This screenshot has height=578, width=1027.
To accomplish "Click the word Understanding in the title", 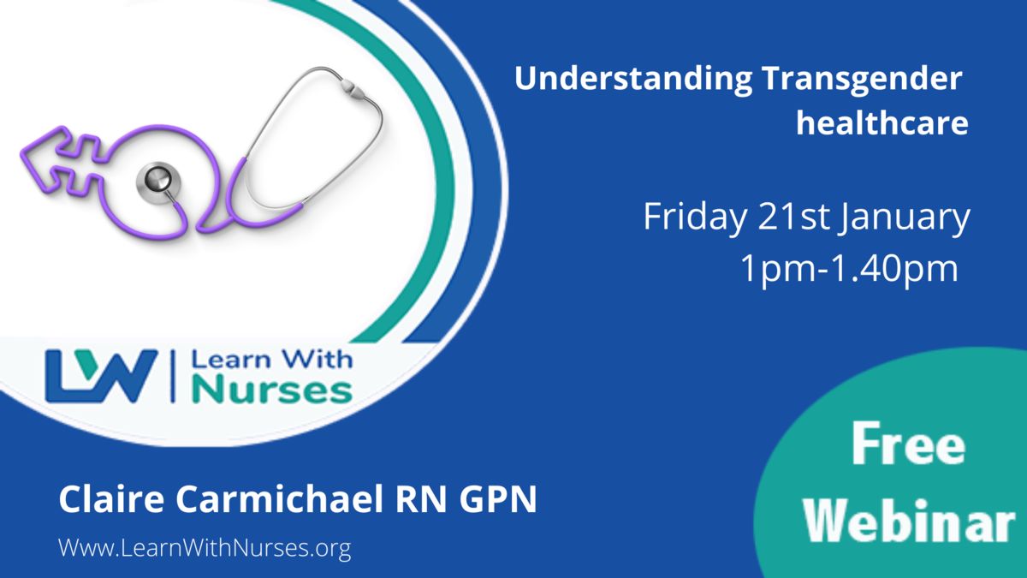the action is point(633,80).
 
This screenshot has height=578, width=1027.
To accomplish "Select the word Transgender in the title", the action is point(863,80).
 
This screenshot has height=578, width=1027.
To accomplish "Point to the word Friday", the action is point(695,218).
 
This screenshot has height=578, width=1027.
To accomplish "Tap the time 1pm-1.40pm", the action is point(849,270).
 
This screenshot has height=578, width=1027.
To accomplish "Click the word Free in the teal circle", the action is point(908,444).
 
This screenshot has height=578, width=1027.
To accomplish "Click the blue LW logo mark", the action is point(101,376).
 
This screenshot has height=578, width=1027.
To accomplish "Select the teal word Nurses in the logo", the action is point(272,389).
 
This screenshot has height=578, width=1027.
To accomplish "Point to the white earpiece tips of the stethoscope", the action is point(353,88).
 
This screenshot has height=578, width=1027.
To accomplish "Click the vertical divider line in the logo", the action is point(174,376).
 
